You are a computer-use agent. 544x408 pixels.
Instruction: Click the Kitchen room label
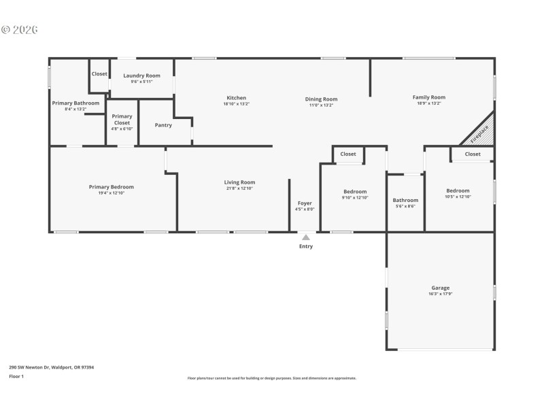[237, 98]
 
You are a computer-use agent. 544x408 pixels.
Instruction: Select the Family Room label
[428, 97]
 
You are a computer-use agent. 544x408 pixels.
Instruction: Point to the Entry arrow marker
[306, 237]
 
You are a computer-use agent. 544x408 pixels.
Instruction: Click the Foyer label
[305, 203]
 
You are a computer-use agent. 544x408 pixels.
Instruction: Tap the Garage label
[440, 288]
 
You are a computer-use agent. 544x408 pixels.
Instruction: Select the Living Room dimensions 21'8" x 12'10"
[239, 189]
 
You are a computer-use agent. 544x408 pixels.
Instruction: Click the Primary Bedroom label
[111, 187]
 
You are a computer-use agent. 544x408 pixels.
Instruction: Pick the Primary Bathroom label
[75, 103]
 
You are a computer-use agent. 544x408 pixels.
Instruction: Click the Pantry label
[163, 125]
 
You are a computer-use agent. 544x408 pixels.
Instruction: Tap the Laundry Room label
[141, 75]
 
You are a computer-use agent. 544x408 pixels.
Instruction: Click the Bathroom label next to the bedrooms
[405, 200]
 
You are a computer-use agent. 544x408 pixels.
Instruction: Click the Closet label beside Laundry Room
[99, 73]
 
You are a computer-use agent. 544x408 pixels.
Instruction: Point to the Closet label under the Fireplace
[473, 154]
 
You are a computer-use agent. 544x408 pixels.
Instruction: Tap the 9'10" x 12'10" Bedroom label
[354, 192]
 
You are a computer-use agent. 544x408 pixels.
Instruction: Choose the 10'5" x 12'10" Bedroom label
[458, 191]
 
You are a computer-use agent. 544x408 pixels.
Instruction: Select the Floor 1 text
[16, 376]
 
